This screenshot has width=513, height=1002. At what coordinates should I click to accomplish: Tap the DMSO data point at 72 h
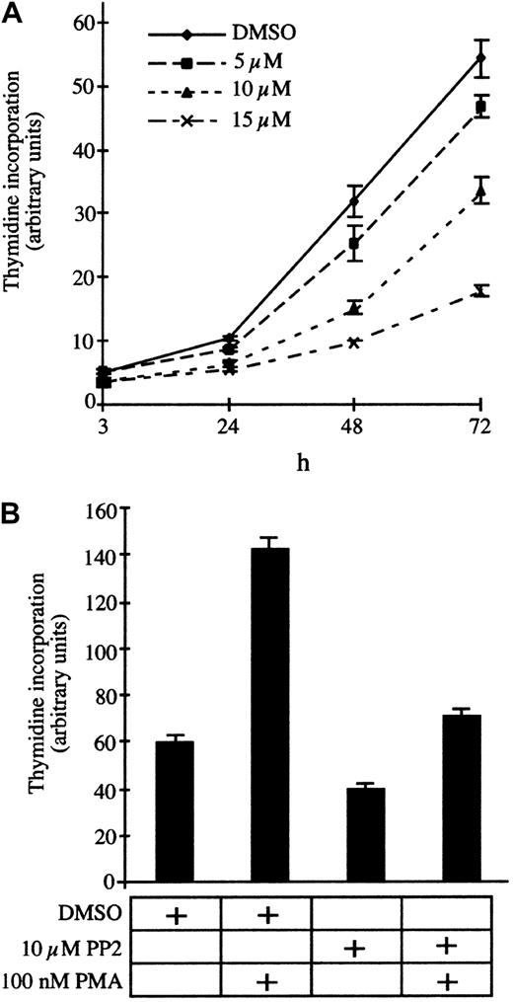point(480,58)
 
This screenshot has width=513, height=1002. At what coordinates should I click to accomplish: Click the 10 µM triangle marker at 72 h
point(480,192)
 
